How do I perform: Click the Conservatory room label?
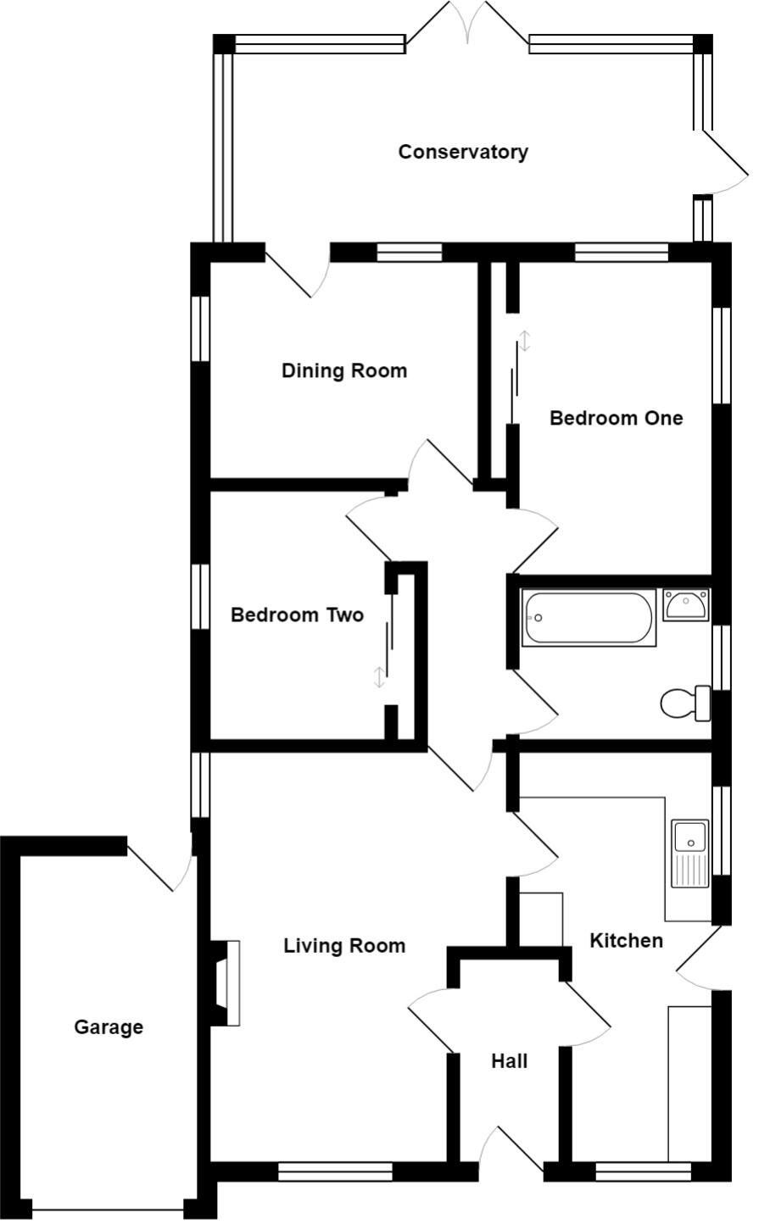(463, 152)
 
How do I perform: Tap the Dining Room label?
(344, 371)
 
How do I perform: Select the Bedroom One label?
(617, 418)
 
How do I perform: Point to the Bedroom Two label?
(298, 615)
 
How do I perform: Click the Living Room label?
(344, 946)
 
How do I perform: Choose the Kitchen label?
(627, 940)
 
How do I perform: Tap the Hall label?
(510, 1061)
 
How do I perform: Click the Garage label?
(109, 1027)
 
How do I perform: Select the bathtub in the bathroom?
(589, 617)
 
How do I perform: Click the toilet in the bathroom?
(686, 704)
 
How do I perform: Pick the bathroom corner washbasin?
(686, 604)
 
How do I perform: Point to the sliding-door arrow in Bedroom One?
(524, 341)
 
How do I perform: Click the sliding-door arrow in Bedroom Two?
(378, 677)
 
